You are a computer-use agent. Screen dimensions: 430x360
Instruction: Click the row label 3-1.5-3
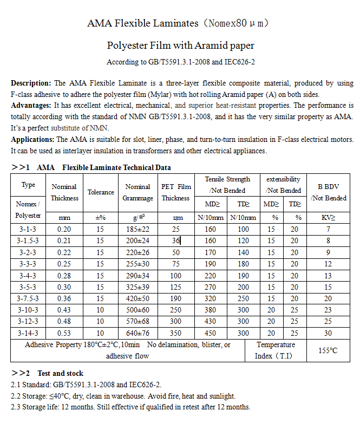(x=28, y=240)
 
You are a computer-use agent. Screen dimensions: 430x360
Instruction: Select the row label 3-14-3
(x=28, y=333)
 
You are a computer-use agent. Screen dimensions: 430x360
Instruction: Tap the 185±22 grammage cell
(x=138, y=229)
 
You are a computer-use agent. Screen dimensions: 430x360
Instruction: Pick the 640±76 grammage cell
(x=138, y=333)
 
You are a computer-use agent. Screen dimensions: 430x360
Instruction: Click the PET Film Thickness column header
(x=176, y=192)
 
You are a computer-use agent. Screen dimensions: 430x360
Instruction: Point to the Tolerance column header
(x=101, y=192)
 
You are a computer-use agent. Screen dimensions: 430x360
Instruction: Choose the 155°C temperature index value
(x=328, y=350)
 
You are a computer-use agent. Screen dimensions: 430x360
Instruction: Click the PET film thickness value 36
(x=176, y=240)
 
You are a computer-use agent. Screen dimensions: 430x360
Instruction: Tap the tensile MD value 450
(x=211, y=333)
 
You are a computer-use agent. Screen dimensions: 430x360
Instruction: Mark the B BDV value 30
(x=328, y=333)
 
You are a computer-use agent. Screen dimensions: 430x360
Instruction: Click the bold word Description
(x=31, y=83)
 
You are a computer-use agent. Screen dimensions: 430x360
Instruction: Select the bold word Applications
(x=31, y=139)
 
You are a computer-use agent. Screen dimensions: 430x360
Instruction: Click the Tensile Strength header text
(x=227, y=179)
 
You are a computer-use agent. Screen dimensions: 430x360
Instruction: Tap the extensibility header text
(x=283, y=179)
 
